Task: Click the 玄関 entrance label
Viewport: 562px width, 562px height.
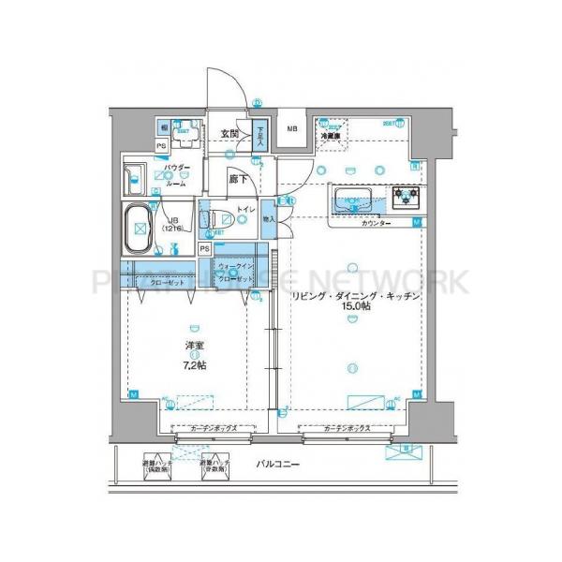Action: pyautogui.click(x=229, y=135)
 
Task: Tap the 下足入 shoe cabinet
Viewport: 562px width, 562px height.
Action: pyautogui.click(x=261, y=138)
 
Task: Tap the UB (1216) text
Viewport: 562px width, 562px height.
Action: pyautogui.click(x=172, y=225)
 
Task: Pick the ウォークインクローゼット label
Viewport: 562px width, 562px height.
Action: pyautogui.click(x=233, y=274)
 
